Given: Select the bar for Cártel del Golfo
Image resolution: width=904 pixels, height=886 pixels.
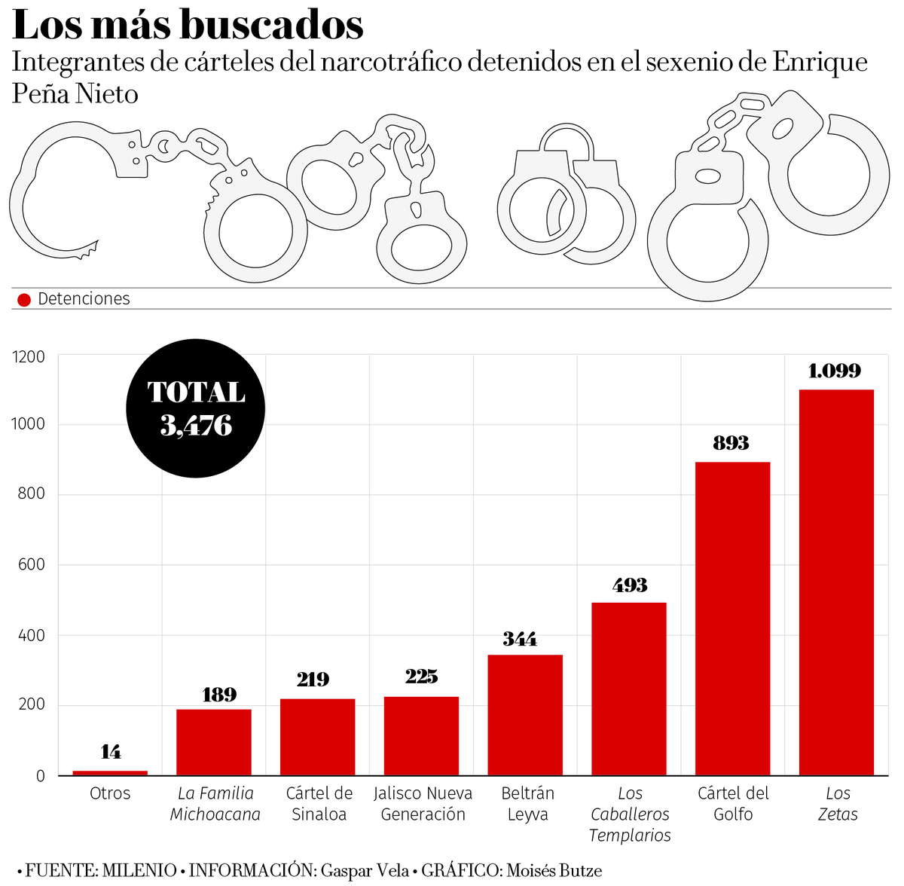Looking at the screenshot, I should (732, 619).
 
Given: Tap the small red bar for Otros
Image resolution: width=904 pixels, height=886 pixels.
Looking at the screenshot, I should (110, 772).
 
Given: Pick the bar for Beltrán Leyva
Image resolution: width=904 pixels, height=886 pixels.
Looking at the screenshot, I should (525, 715).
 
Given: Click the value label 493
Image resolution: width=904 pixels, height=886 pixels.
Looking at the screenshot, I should (630, 585).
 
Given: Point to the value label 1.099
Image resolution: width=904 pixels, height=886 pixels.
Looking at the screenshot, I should (835, 371).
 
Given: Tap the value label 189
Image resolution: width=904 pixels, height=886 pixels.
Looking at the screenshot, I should (219, 695).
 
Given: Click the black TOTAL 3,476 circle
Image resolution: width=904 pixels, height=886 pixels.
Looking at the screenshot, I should (196, 408).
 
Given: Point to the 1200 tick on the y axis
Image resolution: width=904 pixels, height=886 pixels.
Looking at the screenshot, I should (29, 357).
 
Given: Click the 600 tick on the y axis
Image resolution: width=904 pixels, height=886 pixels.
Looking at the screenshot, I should (32, 564).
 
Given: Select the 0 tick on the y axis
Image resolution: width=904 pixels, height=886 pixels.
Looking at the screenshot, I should (41, 776).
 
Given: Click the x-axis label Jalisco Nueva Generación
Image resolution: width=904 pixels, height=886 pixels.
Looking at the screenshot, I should (423, 804).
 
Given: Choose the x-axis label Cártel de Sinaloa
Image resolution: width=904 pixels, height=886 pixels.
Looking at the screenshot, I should (319, 804).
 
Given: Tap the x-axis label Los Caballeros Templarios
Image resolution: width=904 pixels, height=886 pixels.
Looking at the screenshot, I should (630, 814).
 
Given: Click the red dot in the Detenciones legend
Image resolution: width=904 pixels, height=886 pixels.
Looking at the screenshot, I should (24, 300).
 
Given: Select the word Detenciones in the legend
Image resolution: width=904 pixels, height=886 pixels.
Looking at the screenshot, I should (84, 299).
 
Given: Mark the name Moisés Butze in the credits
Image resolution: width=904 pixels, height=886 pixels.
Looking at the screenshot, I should (554, 871).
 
